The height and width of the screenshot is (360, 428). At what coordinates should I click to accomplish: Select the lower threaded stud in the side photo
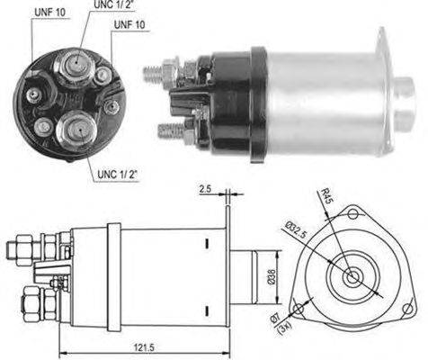click(x=171, y=130)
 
